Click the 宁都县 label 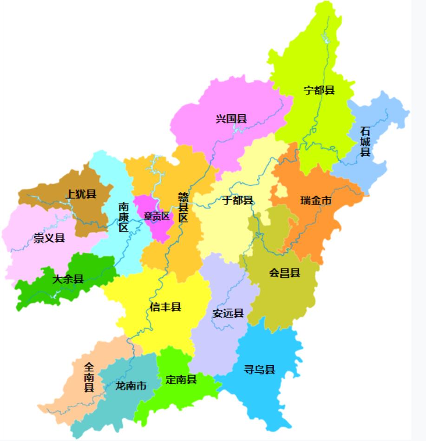[x=319, y=90]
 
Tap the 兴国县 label [x=231, y=118]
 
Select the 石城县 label [x=366, y=141]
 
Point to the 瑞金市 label [x=316, y=201]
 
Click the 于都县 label [x=237, y=201]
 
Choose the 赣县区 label [x=183, y=207]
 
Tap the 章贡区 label [x=157, y=216]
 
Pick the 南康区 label [x=123, y=217]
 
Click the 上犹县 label [x=80, y=194]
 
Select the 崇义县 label [x=49, y=238]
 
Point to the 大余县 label [x=68, y=279]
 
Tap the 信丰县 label [x=165, y=307]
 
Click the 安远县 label [x=228, y=313]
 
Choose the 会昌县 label [x=284, y=273]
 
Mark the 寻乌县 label [x=260, y=369]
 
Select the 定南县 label [x=181, y=379]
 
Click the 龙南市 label [x=131, y=386]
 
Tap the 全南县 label [x=89, y=377]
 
